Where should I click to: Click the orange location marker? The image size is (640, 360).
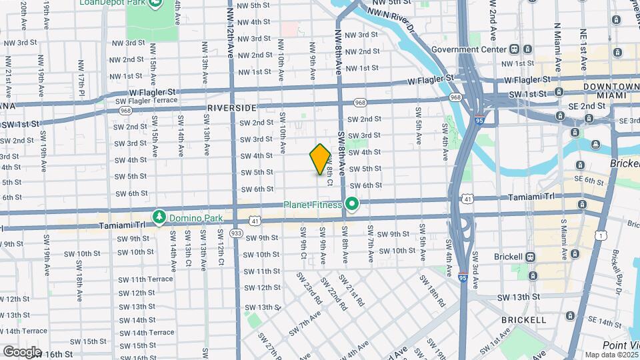(321, 159)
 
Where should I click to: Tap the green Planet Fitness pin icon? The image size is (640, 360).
(352, 205)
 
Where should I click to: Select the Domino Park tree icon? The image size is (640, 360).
(159, 217)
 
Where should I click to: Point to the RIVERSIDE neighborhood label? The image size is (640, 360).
(231, 107)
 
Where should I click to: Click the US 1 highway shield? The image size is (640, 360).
(601, 235)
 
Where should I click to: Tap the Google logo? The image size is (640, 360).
(22, 351)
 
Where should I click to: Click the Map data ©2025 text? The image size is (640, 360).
(611, 355)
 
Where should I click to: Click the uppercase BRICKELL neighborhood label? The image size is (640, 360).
(525, 320)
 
